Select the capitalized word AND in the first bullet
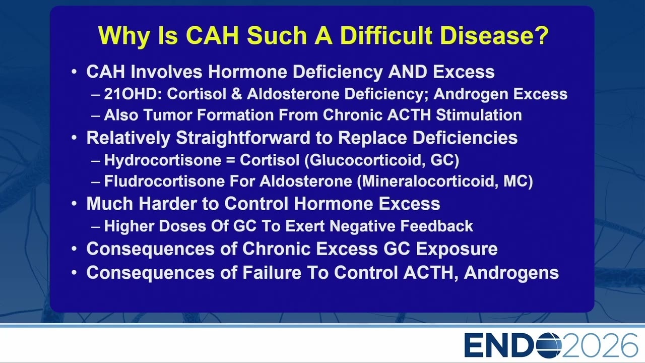(x=408, y=72)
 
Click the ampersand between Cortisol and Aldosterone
(x=236, y=94)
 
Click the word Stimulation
(x=479, y=115)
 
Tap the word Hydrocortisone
(x=163, y=160)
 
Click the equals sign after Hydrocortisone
(x=230, y=160)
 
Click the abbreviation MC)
(x=518, y=181)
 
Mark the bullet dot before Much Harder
(x=74, y=203)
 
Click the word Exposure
(x=457, y=249)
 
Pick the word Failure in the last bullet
(x=272, y=273)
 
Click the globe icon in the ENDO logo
(x=549, y=345)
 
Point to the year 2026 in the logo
(x=600, y=345)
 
